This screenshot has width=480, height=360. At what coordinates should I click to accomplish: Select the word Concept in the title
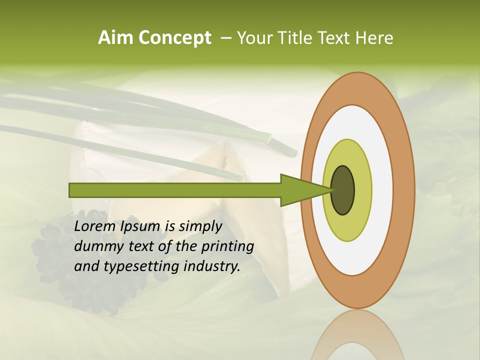click(174, 38)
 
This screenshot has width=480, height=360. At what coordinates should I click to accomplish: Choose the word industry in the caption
click(211, 266)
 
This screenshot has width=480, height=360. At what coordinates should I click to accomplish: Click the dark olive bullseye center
click(343, 190)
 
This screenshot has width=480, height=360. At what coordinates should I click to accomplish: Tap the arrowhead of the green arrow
click(302, 190)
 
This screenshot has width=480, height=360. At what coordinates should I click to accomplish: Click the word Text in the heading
click(333, 37)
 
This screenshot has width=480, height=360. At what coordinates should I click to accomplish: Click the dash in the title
click(225, 38)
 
